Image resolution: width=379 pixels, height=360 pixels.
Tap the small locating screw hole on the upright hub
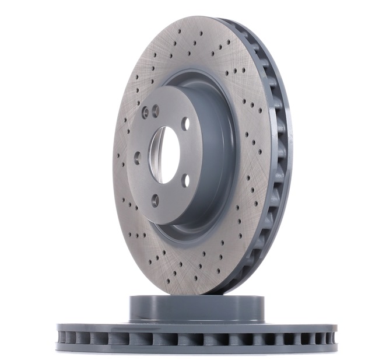145,113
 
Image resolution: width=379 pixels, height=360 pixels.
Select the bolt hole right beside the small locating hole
155,109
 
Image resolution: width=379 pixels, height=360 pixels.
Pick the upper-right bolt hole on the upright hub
185,124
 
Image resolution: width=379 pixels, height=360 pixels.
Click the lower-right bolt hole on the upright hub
185,180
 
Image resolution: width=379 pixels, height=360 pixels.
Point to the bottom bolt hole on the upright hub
155,200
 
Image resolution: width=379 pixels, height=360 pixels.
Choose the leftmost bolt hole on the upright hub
137,158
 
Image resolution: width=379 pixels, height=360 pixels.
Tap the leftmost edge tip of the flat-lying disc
57,338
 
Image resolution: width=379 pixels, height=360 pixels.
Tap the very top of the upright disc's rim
201,17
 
